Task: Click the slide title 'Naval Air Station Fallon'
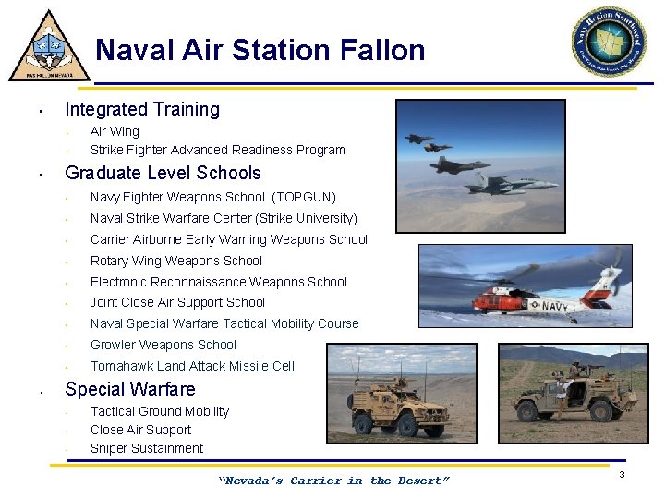[x=260, y=50]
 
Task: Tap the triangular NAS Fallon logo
[x=49, y=48]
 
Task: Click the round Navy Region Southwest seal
[x=609, y=42]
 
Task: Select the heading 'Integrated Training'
[x=142, y=109]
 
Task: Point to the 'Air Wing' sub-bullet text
[x=115, y=131]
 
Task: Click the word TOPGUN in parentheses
[x=304, y=197]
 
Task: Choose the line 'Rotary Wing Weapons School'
[x=176, y=261]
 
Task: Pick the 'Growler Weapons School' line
[x=163, y=345]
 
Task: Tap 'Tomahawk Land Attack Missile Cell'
[x=192, y=366]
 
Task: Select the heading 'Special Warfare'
[x=130, y=389]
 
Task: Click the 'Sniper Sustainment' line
[x=147, y=448]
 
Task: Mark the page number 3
[x=623, y=474]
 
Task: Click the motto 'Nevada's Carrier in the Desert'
[x=333, y=481]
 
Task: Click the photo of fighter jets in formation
[x=479, y=161]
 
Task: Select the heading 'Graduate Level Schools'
[x=163, y=173]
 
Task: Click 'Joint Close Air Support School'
[x=177, y=302]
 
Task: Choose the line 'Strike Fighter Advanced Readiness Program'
[x=217, y=150]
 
